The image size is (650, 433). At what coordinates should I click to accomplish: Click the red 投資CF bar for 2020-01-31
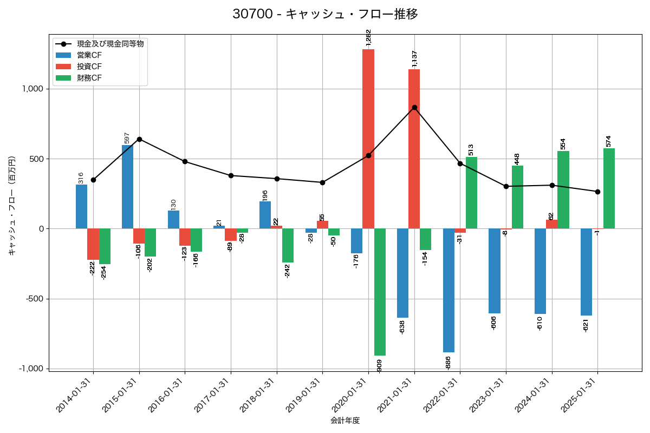(x=368, y=139)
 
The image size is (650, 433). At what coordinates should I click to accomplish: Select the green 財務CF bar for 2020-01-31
(x=380, y=292)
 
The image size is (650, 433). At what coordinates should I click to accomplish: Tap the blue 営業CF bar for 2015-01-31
(x=127, y=187)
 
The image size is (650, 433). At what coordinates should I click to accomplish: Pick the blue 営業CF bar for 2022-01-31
(x=448, y=290)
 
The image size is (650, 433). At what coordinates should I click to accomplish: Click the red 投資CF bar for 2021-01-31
(x=414, y=149)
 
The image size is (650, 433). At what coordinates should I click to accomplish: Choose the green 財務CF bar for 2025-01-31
(x=609, y=188)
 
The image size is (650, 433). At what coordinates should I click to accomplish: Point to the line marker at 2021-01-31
(x=414, y=107)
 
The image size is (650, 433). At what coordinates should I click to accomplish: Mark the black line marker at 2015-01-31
(x=139, y=139)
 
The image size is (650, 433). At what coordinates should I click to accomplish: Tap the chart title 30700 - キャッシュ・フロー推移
(x=325, y=14)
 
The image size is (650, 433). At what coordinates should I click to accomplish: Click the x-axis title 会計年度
(x=345, y=420)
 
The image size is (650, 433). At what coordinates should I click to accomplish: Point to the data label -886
(x=448, y=362)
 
